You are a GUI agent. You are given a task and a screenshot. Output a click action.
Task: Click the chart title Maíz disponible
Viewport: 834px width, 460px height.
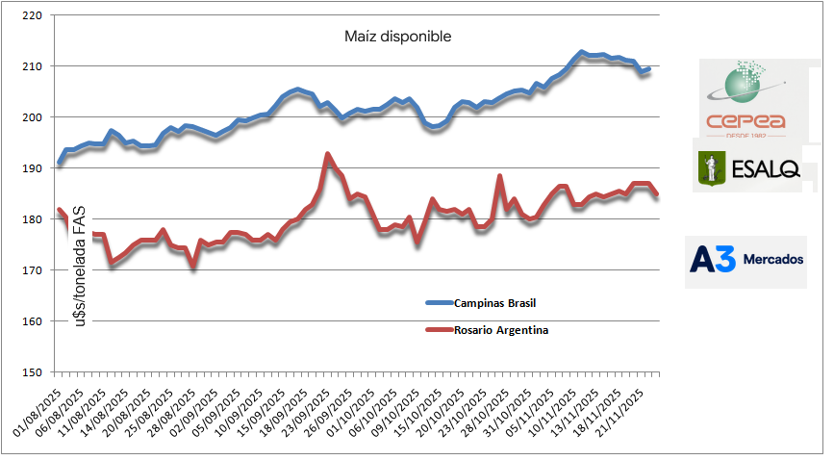(x=397, y=37)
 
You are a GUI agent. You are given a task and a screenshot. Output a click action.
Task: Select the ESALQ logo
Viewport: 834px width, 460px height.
(x=747, y=166)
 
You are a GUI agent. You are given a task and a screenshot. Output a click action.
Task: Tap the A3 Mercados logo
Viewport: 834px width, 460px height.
(x=746, y=262)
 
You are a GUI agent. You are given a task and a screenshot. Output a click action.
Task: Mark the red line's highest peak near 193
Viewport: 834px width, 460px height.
(x=328, y=154)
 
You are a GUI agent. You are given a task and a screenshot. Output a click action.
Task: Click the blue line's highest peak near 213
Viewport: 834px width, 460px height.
(x=581, y=52)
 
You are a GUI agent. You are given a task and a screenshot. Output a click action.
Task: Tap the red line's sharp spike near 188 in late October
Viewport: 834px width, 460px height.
(x=499, y=176)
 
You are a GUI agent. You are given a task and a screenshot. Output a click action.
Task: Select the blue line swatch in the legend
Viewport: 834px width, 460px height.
(x=450, y=303)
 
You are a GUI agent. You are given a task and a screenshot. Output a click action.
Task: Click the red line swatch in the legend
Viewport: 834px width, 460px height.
(x=450, y=330)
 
